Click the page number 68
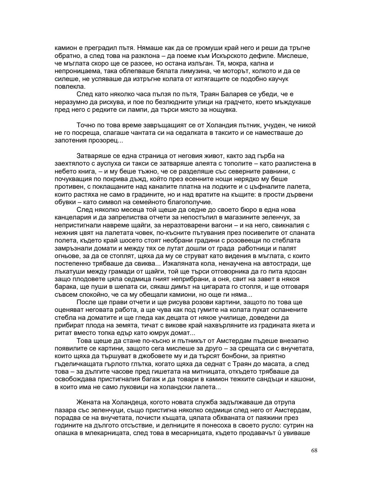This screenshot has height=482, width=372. click(x=313, y=451)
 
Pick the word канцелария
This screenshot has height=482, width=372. click(x=73, y=218)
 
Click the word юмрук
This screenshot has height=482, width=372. click(x=161, y=333)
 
